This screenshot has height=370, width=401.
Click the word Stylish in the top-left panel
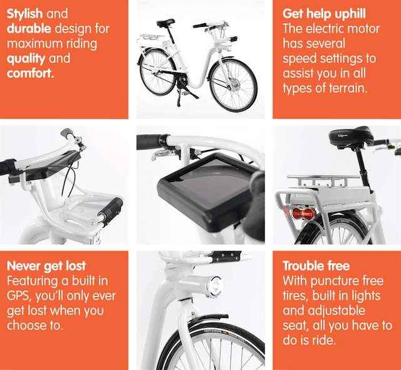tap(24, 14)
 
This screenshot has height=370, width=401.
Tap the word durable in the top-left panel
tap(29, 29)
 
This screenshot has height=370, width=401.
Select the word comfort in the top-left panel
tap(30, 73)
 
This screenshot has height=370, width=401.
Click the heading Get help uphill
tap(324, 14)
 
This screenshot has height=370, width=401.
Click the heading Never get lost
tap(46, 266)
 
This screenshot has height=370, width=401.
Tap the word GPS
tap(19, 296)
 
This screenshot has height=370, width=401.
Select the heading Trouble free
tap(316, 266)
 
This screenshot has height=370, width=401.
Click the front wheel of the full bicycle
tap(233, 85)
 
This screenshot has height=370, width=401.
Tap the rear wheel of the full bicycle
tap(157, 71)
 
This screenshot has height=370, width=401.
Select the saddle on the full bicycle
tap(165, 23)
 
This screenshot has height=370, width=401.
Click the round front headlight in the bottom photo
tap(215, 287)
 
